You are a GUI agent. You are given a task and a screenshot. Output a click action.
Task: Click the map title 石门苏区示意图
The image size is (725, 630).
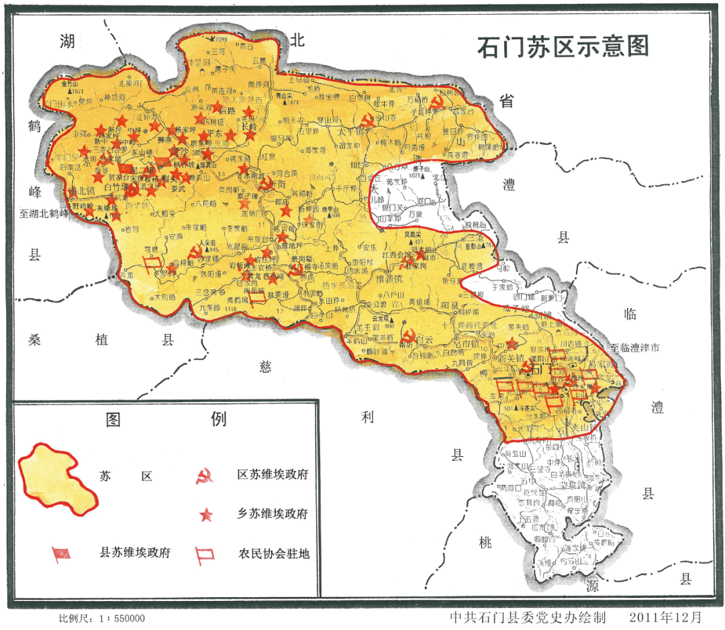tap(563, 47)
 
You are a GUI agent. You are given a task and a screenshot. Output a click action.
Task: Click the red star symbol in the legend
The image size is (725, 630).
tap(206, 515)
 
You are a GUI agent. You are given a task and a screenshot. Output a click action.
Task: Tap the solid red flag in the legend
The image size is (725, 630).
tap(61, 554)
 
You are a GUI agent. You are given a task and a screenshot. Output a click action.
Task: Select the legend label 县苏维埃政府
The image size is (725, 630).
tap(135, 554)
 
